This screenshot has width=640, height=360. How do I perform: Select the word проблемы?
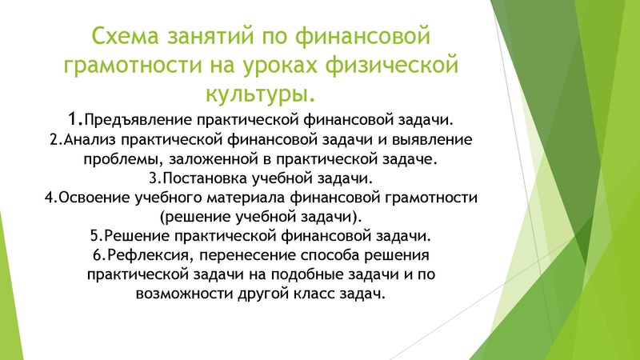[118, 159]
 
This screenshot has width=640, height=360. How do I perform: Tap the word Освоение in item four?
[89, 197]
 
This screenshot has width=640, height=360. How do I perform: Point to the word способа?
[341, 255]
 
